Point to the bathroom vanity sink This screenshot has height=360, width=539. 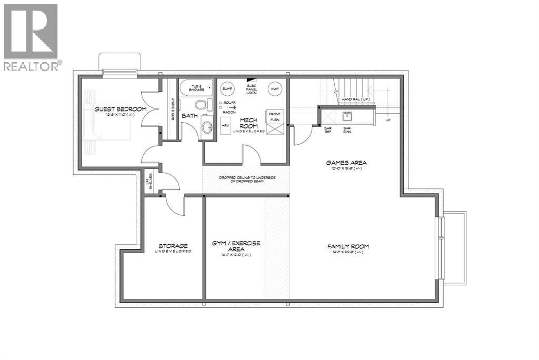[x=207, y=126]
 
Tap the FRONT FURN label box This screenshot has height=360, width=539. [x=274, y=116]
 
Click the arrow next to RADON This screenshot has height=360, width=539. [x=232, y=107]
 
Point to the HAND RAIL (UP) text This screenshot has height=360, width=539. [x=357, y=99]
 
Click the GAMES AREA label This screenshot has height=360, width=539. [x=346, y=163]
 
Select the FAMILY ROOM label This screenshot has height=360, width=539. [x=348, y=246]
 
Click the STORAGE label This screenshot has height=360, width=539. [x=173, y=246]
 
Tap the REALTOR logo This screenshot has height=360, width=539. [x=32, y=37]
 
